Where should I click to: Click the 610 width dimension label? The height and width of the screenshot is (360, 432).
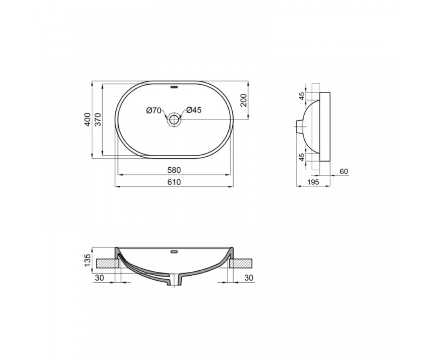click(174, 182)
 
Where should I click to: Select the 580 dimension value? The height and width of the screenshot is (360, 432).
click(174, 170)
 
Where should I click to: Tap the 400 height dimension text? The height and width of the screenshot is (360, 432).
click(88, 120)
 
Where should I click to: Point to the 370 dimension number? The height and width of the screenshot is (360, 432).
click(99, 120)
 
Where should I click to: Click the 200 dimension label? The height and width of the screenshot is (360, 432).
click(244, 100)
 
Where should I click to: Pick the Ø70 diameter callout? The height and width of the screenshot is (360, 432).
click(154, 111)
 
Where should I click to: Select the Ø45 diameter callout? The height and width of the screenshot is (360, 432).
click(194, 110)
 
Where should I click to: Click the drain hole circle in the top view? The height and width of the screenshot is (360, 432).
click(174, 120)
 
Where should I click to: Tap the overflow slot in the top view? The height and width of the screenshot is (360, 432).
click(174, 87)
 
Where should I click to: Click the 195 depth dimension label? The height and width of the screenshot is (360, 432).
click(313, 182)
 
